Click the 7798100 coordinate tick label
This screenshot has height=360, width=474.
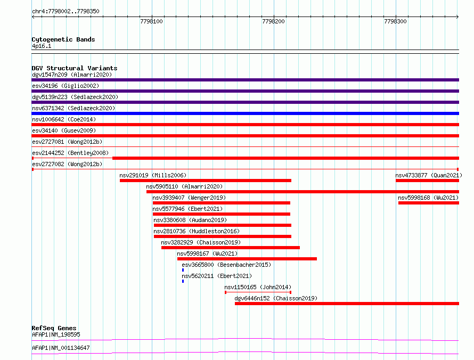pyautogui.click(x=151, y=21)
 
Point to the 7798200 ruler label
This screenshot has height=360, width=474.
pyautogui.click(x=273, y=21)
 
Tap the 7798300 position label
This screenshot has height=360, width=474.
pyautogui.click(x=395, y=21)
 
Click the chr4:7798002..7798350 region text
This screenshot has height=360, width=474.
pyautogui.click(x=66, y=12)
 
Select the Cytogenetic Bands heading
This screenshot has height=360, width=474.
pyautogui.click(x=63, y=39)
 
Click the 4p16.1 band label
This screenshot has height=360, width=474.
pyautogui.click(x=42, y=46)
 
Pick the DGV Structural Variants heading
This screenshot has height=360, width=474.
pyautogui.click(x=75, y=68)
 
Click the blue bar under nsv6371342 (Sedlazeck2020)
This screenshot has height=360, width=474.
pyautogui.click(x=245, y=113)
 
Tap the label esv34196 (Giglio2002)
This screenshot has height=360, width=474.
pyautogui.click(x=66, y=86)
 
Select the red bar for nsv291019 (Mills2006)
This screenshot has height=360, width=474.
pyautogui.click(x=206, y=181)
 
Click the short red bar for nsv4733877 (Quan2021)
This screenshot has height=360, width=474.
pyautogui.click(x=428, y=181)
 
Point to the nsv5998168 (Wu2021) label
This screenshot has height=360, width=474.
pyautogui.click(x=428, y=198)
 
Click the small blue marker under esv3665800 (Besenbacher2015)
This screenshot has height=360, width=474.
pyautogui.click(x=183, y=270)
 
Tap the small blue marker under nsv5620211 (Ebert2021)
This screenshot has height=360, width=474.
pyautogui.click(x=183, y=281)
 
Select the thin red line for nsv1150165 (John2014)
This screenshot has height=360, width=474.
pyautogui.click(x=258, y=292)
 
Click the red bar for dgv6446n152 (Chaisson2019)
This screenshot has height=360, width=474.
pyautogui.click(x=347, y=304)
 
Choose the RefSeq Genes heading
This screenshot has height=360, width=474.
pyautogui.click(x=54, y=328)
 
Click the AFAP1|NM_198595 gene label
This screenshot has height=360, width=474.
pyautogui.click(x=56, y=334)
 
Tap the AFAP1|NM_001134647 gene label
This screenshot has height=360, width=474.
pyautogui.click(x=61, y=348)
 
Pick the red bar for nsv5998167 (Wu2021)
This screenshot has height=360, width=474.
pyautogui.click(x=247, y=259)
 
